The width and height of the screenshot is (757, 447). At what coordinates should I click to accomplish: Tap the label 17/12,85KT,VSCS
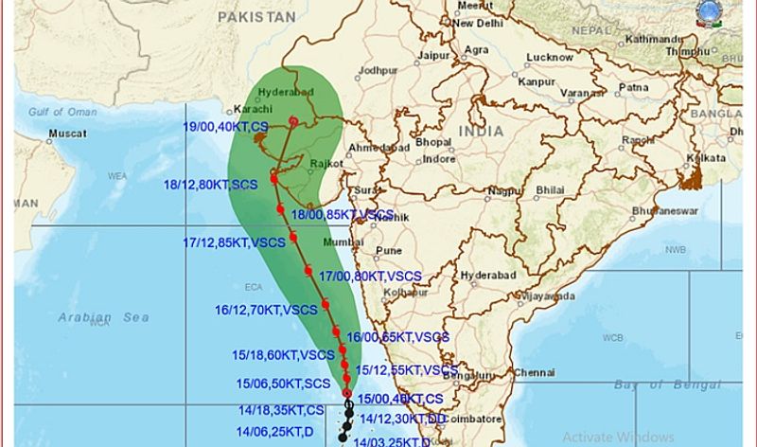click(x=234, y=243)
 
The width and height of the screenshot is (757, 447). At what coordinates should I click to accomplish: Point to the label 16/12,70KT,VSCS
click(x=266, y=310)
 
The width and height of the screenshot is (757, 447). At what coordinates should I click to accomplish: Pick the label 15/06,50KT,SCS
click(x=283, y=383)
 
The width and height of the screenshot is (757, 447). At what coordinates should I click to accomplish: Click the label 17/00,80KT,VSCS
click(x=370, y=277)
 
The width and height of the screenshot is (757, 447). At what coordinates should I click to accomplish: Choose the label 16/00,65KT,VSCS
click(x=397, y=337)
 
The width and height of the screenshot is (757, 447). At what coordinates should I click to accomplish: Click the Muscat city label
click(x=67, y=134)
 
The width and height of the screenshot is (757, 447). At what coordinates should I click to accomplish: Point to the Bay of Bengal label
click(x=666, y=384)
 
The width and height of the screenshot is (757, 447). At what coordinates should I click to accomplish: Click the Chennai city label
click(x=535, y=372)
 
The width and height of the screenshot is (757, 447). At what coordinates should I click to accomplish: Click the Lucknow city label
click(x=550, y=58)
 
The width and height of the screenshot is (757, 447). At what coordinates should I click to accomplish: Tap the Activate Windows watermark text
click(x=618, y=437)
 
